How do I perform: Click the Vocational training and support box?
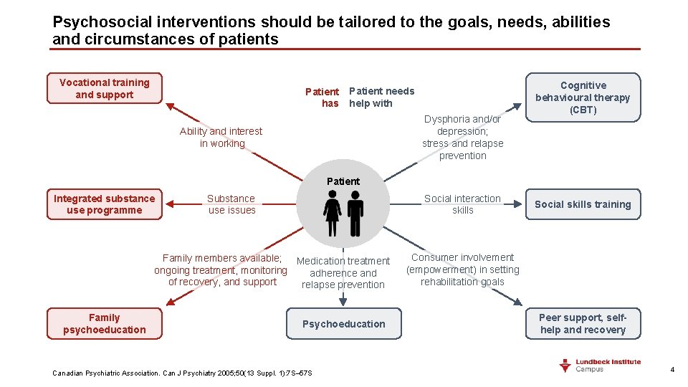105,89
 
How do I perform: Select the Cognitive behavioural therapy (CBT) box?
583,97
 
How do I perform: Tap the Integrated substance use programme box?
105,204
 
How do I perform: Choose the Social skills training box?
583,204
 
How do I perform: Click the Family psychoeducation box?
105,324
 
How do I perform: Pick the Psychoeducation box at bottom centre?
344,324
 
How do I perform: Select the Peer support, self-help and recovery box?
583,324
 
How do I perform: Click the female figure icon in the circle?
333,213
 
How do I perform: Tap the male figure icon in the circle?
355,213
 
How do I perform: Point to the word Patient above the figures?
343,181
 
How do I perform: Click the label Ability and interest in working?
221,138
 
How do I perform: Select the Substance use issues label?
231,204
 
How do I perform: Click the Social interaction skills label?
462,204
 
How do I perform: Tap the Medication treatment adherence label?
343,273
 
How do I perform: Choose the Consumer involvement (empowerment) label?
462,269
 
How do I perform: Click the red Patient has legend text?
322,97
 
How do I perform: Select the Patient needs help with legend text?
381,97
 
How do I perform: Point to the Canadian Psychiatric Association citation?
182,373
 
